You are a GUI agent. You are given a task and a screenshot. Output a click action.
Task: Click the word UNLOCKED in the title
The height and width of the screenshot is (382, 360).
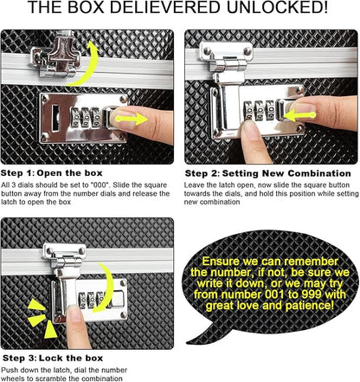277,7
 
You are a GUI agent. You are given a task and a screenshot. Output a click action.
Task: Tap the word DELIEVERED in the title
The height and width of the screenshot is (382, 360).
164,7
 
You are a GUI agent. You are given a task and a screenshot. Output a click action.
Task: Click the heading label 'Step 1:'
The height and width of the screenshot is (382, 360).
17,173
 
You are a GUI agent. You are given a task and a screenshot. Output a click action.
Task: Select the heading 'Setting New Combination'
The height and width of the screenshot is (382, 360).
286,173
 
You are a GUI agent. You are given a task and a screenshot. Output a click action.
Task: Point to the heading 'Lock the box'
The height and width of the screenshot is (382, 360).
71,359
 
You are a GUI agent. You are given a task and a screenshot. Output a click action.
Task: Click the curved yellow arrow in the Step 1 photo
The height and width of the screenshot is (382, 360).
87,63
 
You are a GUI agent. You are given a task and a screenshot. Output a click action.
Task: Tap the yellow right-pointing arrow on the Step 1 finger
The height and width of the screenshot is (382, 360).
132,119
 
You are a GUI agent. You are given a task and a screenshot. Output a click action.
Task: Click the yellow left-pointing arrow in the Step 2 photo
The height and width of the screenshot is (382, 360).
299,115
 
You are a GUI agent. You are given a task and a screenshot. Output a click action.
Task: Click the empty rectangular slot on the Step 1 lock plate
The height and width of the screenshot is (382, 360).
55,118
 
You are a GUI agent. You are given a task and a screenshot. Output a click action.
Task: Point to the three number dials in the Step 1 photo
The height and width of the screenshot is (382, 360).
86,118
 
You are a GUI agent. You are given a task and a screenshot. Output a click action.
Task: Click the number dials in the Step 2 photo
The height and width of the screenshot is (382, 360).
259,110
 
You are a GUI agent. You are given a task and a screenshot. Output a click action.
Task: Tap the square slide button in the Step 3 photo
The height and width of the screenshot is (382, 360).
119,299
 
